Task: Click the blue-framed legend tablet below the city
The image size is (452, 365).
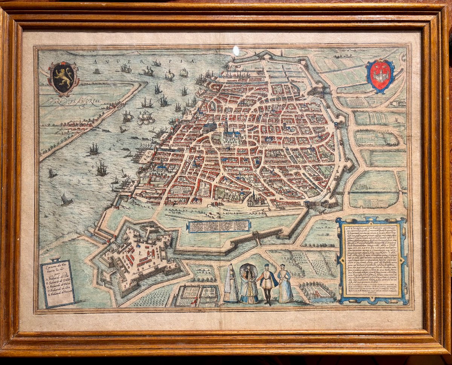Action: pyautogui.click(x=218, y=226)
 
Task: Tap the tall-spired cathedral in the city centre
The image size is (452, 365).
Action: pyautogui.click(x=226, y=130)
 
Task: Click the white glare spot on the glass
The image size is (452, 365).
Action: pyautogui.click(x=236, y=50)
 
